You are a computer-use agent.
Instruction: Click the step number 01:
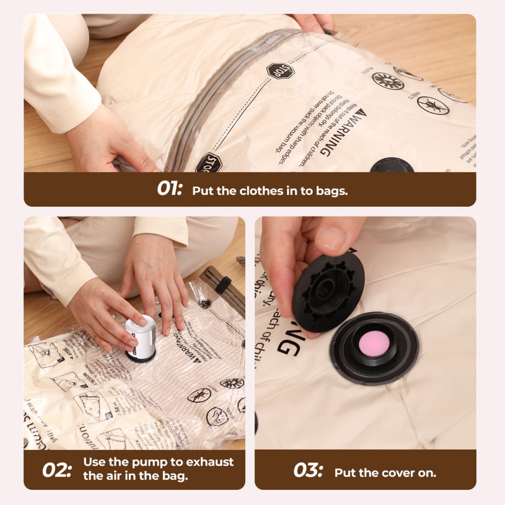[169, 189]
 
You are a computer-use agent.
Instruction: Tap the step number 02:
[57, 470]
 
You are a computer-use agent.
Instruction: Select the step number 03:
[308, 470]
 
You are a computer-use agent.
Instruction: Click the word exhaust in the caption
[210, 462]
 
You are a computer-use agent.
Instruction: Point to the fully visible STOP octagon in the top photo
[280, 71]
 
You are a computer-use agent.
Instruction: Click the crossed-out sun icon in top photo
[388, 81]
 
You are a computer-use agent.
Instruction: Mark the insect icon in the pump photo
[199, 395]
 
